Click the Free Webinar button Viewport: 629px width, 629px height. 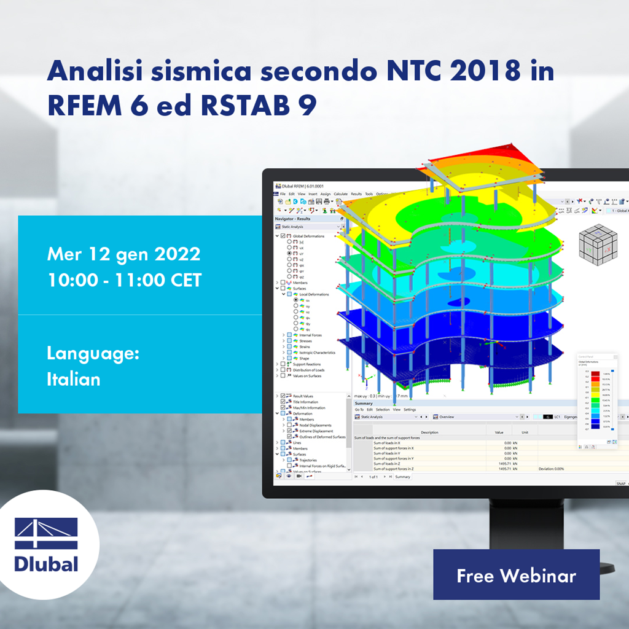[x=516, y=575]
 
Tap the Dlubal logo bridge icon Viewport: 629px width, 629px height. [x=46, y=533]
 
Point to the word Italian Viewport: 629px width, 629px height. [x=73, y=379]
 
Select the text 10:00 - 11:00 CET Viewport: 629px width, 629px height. [x=124, y=279]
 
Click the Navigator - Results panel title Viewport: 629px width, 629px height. [x=293, y=219]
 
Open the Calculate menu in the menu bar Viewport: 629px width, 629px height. [x=340, y=194]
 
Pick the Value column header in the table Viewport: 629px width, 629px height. [x=499, y=432]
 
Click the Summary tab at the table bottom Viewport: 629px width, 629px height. [x=402, y=477]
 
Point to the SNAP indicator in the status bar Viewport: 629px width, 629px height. [x=620, y=483]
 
